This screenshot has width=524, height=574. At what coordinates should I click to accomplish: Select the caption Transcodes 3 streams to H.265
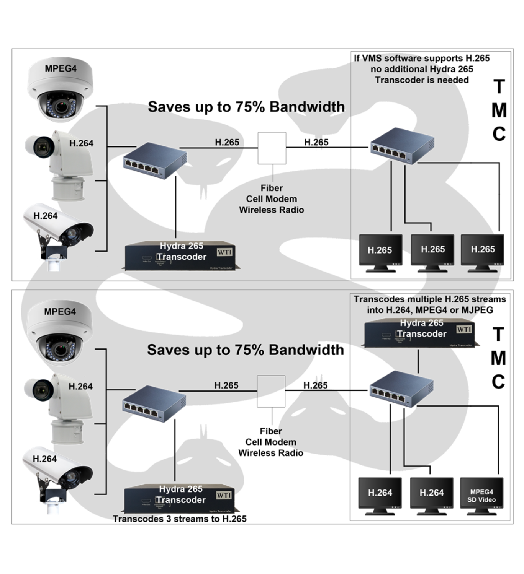(x=180, y=519)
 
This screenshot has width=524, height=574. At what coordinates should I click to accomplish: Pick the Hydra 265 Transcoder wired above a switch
(x=421, y=334)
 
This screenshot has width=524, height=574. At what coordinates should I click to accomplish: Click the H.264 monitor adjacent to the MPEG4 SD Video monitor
(x=431, y=493)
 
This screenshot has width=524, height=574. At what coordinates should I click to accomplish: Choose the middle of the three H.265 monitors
(x=432, y=250)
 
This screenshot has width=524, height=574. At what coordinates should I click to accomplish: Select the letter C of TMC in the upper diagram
(x=499, y=134)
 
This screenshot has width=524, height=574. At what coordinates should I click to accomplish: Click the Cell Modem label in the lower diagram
(x=271, y=442)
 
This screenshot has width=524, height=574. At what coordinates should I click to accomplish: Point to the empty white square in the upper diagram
(x=272, y=148)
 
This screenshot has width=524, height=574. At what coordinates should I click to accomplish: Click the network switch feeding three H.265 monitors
(x=402, y=146)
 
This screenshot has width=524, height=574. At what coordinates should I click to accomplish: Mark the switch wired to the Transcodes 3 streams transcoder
(x=154, y=403)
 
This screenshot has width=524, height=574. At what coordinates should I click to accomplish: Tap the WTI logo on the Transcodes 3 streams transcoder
(x=224, y=496)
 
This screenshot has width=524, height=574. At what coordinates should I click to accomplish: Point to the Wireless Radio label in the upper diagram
(x=272, y=210)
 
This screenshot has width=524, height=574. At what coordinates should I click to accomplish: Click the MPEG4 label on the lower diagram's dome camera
(x=60, y=312)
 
